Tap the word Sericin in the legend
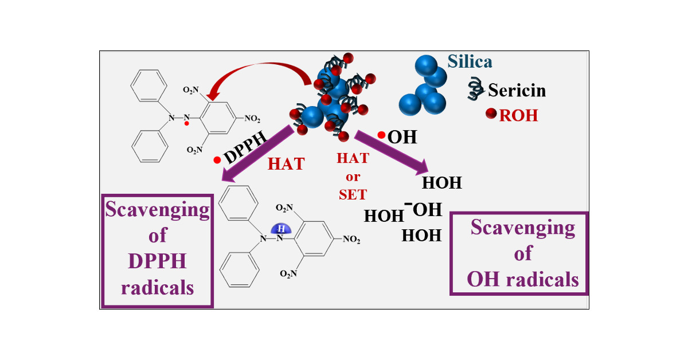coord(517,90)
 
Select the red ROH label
coord(519,115)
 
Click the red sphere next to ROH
coord(491,115)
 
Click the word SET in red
coord(353,194)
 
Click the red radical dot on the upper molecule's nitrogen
coord(187,123)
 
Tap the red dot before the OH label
coord(381,135)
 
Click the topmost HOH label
coord(441,183)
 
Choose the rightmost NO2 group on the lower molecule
coord(351,240)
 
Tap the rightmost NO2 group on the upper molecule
coord(252,119)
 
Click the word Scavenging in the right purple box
coord(522,228)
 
